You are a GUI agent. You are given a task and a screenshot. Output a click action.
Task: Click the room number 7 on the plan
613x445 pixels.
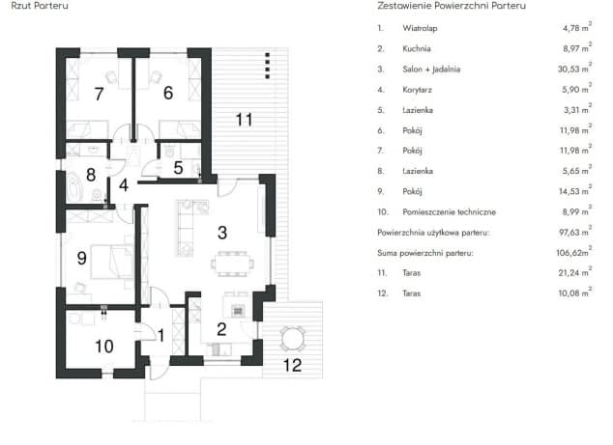tap(99, 94)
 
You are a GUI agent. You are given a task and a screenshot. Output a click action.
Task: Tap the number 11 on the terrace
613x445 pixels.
tap(244, 120)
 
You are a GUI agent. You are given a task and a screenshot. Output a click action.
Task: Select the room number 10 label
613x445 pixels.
tap(104, 347)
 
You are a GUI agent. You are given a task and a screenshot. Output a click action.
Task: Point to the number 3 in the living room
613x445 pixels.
tap(222, 233)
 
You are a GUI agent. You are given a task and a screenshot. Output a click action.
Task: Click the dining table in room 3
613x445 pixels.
tap(232, 264)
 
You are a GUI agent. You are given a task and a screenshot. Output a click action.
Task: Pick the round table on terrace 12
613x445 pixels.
tap(292, 339)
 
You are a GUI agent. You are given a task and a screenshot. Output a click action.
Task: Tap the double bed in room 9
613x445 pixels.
tap(112, 262)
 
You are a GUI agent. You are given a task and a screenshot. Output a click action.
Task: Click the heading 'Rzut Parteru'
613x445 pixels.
tap(40, 6)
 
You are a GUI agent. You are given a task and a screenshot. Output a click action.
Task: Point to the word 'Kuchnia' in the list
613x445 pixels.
tap(417, 49)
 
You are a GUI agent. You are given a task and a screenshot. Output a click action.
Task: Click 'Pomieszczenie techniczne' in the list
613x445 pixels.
tap(450, 212)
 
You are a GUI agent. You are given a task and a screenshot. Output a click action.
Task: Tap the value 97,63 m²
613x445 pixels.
tap(575, 232)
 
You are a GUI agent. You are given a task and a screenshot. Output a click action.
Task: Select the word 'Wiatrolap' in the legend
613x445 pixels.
tap(420, 28)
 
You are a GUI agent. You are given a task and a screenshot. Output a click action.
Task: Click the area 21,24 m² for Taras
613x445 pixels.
tap(574, 272)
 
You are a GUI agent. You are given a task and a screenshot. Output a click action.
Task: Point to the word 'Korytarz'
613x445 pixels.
tap(417, 90)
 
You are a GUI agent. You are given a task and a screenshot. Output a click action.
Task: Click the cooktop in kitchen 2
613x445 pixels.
tap(238, 311)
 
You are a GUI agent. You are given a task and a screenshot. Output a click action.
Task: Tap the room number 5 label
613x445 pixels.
tap(178, 168)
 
